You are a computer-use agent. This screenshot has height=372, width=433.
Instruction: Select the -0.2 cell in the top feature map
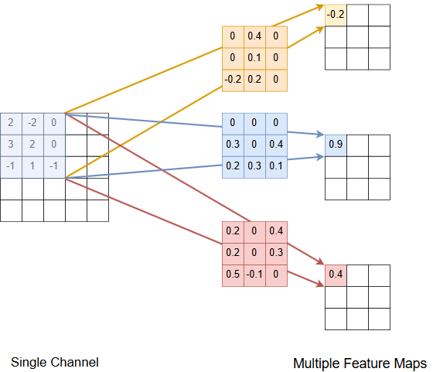tap(336, 15)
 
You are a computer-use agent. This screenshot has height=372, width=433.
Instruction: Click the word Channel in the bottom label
tap(74, 363)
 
